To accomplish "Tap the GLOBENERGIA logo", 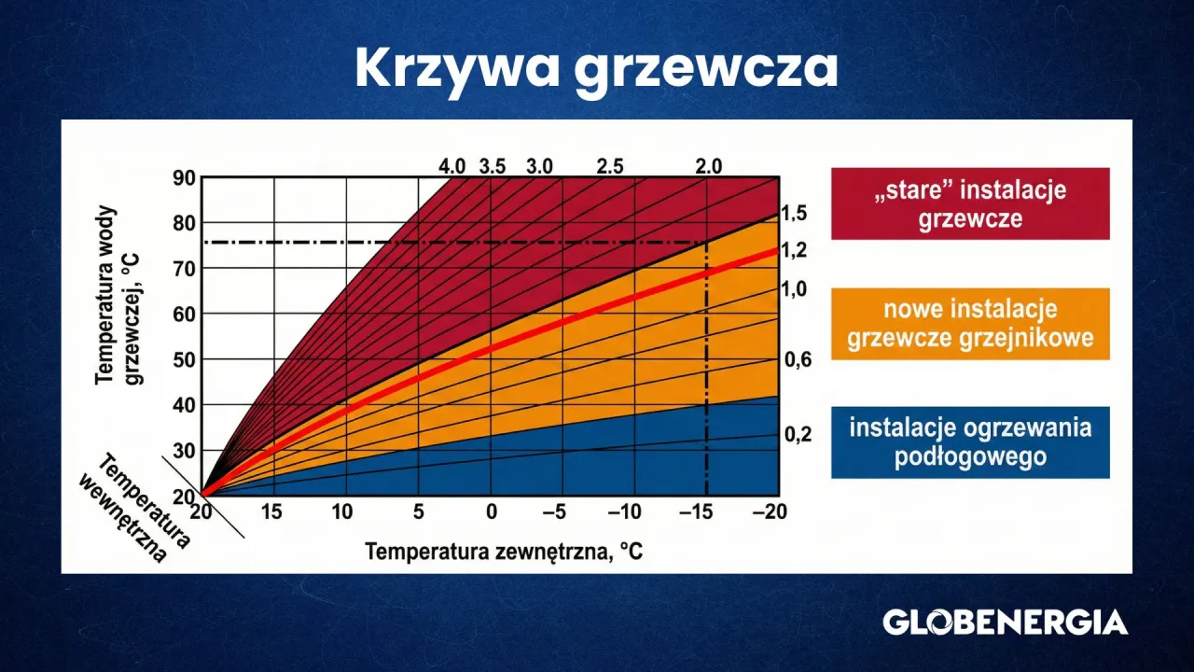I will click(1005, 623).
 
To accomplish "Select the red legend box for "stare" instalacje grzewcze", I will click(970, 204).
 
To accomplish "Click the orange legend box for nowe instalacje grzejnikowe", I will click(970, 324).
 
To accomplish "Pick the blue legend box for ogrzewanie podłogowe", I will click(970, 442).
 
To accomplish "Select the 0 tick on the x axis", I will click(491, 511).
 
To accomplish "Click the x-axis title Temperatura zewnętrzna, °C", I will click(504, 552).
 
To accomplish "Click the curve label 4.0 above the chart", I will click(452, 167).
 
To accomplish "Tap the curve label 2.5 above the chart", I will click(609, 167).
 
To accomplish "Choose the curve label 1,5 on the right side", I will click(794, 215).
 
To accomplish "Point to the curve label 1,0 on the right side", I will click(794, 289).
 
